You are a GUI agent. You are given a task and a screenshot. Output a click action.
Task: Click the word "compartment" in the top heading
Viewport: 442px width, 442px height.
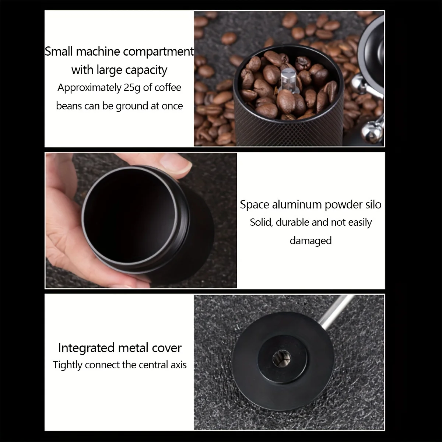pos(158,52)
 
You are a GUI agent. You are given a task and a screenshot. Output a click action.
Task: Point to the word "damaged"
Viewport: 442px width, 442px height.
pos(311,241)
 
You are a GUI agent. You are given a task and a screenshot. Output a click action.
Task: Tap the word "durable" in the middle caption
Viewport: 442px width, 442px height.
pos(292,222)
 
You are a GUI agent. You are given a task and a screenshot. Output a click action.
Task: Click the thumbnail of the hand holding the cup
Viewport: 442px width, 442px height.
pos(141,220)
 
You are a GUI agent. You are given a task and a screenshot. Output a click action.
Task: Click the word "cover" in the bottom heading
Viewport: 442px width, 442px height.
pos(168,348)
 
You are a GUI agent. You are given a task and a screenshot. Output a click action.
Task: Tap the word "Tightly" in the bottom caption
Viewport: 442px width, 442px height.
pos(67,365)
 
